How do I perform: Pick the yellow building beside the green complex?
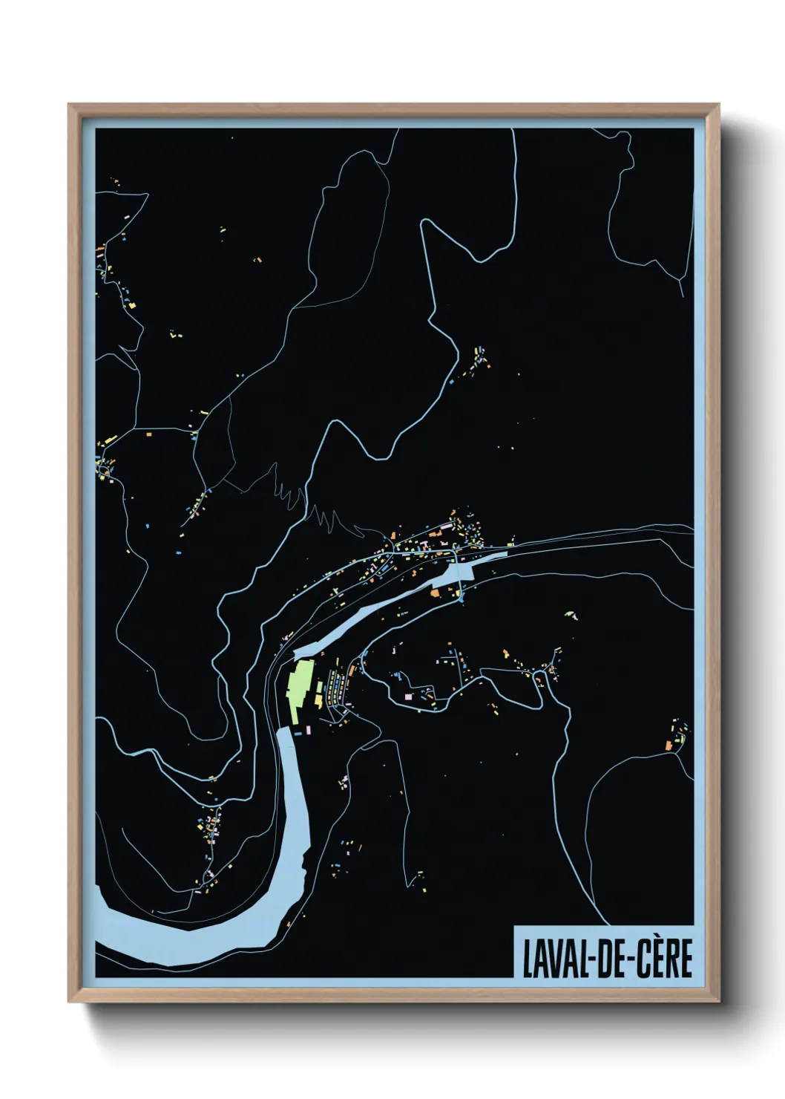(320, 699)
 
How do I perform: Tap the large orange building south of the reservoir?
(435, 592)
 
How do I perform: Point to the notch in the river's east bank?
(304, 861)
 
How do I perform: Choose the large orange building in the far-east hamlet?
(669, 745)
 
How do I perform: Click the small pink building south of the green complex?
(307, 730)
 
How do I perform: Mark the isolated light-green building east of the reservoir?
(569, 614)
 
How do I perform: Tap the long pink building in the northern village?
(446, 529)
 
